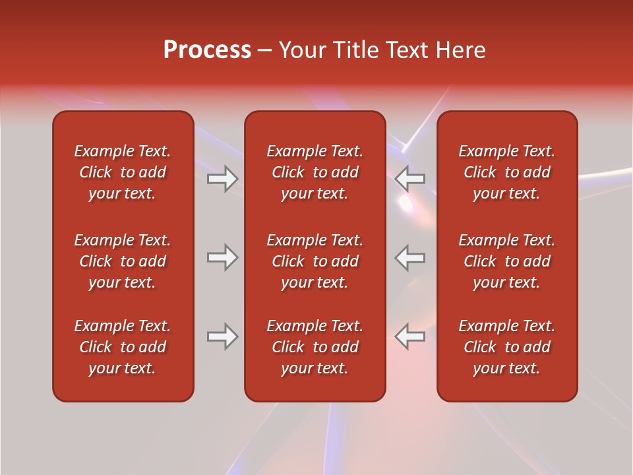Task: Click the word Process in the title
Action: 207,50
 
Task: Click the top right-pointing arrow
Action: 222,179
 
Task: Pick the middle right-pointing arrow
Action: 222,257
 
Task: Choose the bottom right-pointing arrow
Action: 222,336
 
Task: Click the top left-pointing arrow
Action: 410,179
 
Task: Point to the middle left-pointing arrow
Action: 410,257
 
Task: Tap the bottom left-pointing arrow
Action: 410,336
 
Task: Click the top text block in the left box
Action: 123,172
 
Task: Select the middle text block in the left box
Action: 123,261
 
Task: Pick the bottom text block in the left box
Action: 123,347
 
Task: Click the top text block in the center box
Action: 315,172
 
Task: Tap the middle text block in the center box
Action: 315,261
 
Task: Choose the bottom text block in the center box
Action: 315,347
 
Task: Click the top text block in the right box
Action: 506,172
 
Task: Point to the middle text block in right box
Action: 506,261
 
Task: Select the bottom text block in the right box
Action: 506,347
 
